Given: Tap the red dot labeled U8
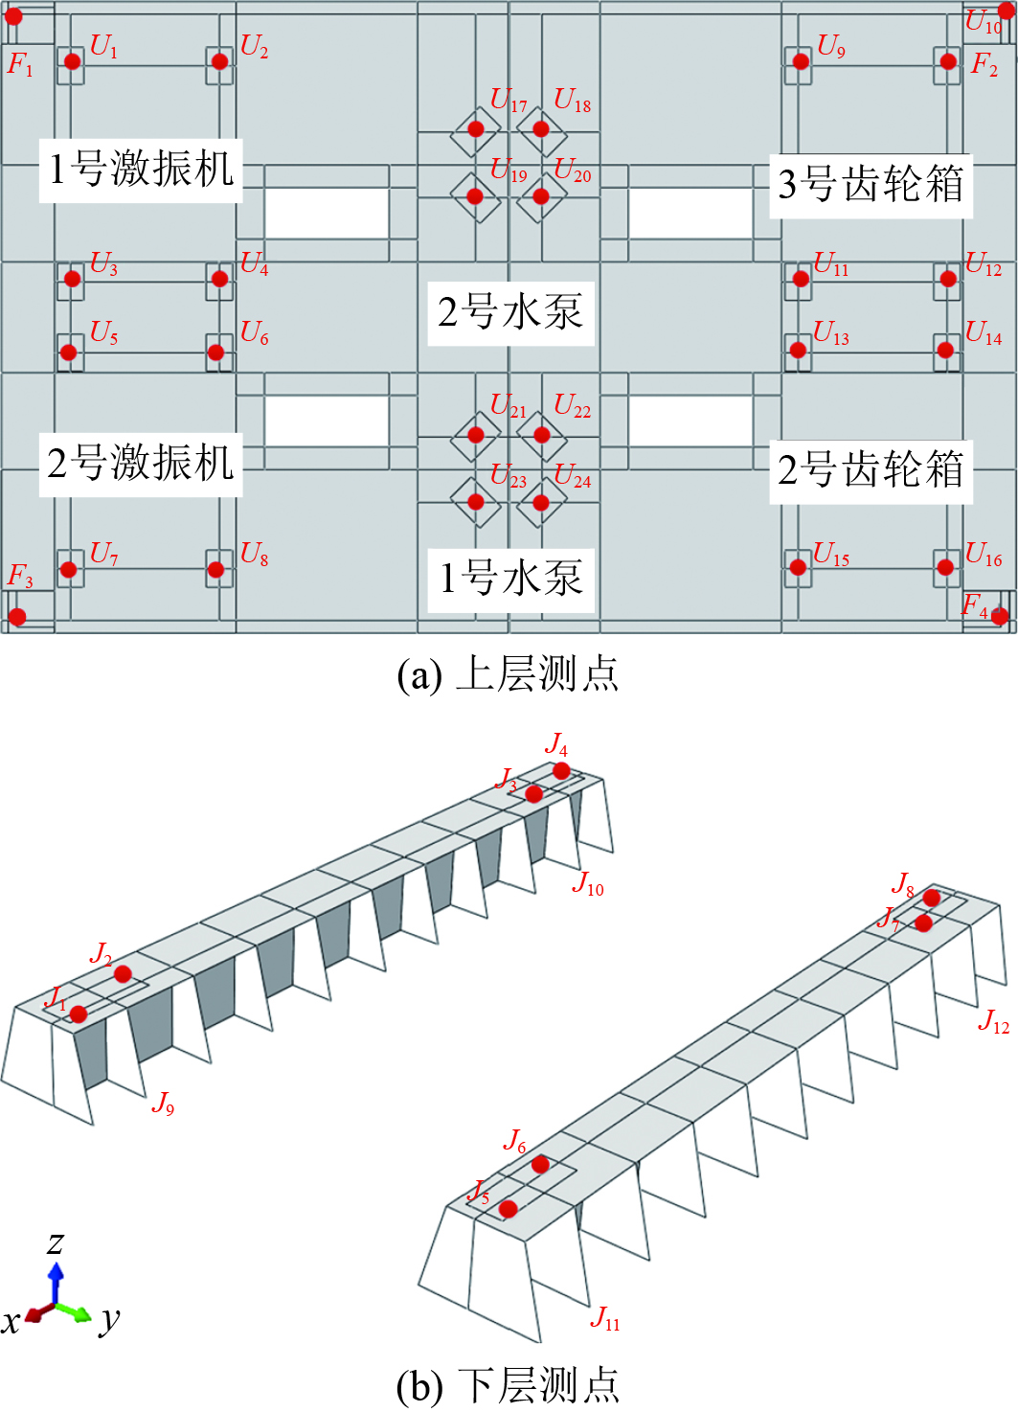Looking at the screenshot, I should [x=216, y=570].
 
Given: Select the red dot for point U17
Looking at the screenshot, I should [x=476, y=129].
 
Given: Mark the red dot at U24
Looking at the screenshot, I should [x=541, y=502].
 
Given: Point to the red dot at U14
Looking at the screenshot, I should [x=945, y=350].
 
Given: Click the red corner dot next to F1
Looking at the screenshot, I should [x=13, y=16].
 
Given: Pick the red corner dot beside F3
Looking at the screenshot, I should [x=17, y=617].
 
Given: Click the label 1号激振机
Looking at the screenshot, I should [x=141, y=170].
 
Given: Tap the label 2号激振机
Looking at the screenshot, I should [x=141, y=464].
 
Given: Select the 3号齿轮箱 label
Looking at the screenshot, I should [x=871, y=184].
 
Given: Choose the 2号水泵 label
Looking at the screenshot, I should [x=509, y=312].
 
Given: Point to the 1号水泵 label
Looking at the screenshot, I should [x=509, y=579].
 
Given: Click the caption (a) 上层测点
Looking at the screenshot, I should [x=508, y=674].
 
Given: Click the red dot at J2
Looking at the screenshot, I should [x=123, y=974].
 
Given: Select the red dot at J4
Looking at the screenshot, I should [x=561, y=771].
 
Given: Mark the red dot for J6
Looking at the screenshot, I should [x=540, y=1165].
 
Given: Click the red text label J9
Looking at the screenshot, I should [x=163, y=1104].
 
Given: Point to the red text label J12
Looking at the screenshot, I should [x=993, y=1022].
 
